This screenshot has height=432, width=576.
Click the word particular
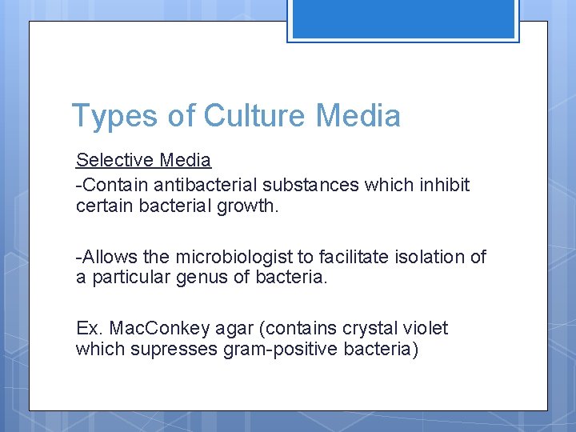tap(126, 278)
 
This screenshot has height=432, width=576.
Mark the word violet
tap(424, 329)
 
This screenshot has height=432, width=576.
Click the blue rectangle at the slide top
tap(403, 20)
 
